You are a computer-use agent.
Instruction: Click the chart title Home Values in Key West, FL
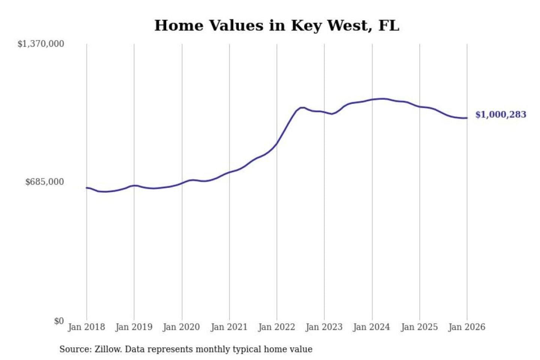click(x=277, y=25)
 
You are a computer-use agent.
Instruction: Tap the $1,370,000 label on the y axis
click(x=41, y=44)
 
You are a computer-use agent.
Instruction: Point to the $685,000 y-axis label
click(x=45, y=182)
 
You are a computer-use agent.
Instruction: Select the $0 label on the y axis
click(x=59, y=321)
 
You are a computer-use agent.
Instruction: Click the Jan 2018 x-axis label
click(x=86, y=327)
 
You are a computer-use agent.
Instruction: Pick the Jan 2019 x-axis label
click(x=134, y=327)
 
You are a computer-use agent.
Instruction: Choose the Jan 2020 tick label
click(x=181, y=327)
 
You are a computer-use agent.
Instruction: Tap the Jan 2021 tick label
click(x=229, y=327)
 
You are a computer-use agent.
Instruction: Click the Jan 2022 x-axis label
click(x=277, y=327)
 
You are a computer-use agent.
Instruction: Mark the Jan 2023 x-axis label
click(x=324, y=327)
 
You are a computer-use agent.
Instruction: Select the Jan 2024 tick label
click(x=372, y=327)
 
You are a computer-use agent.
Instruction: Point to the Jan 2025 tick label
click(x=419, y=327)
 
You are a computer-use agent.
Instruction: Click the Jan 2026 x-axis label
click(x=467, y=327)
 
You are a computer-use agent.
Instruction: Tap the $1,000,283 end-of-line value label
click(x=501, y=115)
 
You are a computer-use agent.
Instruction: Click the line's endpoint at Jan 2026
click(x=467, y=118)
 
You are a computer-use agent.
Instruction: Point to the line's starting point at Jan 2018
click(x=87, y=188)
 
